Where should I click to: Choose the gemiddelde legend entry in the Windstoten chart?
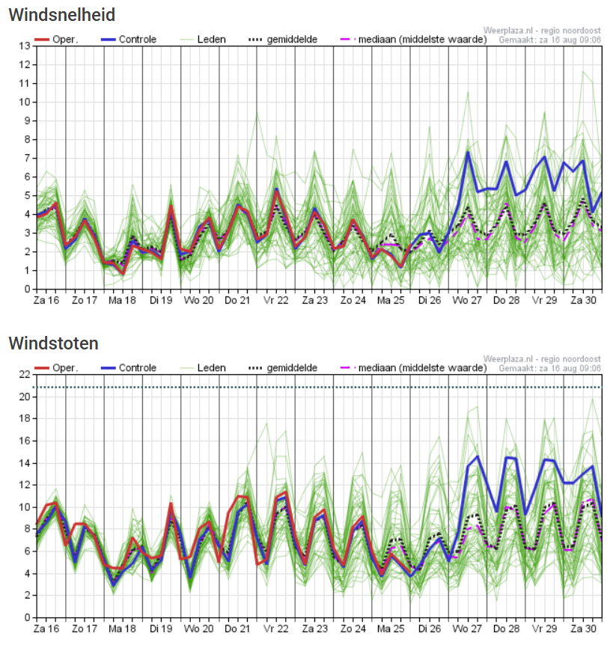292,367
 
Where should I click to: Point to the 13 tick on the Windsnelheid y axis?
24,46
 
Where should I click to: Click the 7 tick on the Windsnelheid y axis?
26,158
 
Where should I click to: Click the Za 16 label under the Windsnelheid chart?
46,300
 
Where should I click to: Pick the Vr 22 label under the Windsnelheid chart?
277,300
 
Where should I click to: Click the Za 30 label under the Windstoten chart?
584,629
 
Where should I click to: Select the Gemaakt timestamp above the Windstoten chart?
550,368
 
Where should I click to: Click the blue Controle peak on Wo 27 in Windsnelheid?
468,153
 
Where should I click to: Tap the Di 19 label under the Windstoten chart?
161,629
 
